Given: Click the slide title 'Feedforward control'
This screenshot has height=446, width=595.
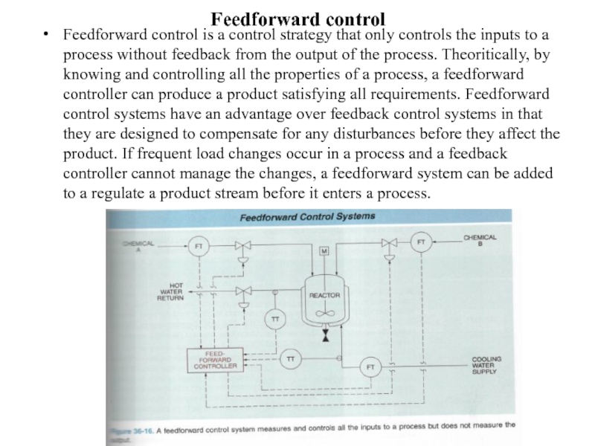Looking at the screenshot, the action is click(x=297, y=16).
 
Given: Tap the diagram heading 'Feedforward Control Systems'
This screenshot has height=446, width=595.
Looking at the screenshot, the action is click(x=306, y=218).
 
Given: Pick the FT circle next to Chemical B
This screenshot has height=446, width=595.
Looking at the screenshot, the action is click(x=421, y=242).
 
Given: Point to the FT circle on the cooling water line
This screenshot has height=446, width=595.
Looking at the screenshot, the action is click(x=370, y=366).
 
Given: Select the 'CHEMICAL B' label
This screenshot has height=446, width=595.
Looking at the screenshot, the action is click(x=480, y=240).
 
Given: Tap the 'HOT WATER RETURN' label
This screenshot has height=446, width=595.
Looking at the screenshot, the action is click(x=170, y=291).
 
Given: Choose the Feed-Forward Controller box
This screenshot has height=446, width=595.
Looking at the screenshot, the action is click(x=215, y=360).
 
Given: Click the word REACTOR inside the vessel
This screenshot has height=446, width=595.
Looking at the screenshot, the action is click(x=324, y=296).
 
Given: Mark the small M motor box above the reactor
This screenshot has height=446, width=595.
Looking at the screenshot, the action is click(x=324, y=251).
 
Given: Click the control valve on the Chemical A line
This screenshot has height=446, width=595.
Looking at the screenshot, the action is click(x=242, y=245).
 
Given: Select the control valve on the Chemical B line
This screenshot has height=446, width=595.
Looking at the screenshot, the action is click(x=387, y=242).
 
